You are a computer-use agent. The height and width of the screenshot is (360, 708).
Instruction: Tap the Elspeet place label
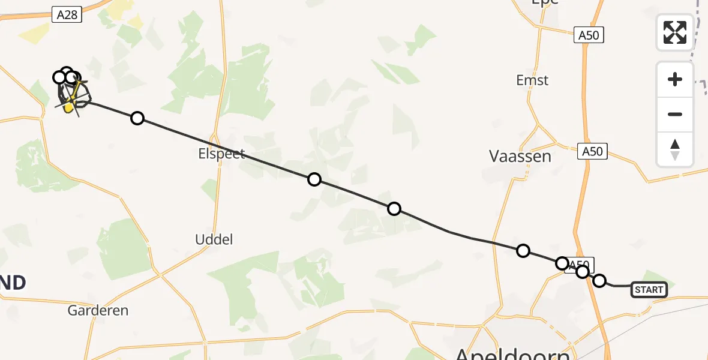pos(222,154)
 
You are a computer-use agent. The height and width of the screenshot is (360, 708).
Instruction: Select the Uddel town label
pos(214,239)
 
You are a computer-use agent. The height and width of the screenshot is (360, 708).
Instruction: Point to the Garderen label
pos(98,310)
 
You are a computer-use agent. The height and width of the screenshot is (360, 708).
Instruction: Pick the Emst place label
pos(532,80)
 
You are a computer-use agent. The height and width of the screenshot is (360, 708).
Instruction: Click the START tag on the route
pos(649,290)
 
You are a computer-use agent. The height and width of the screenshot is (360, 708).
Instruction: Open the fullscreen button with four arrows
pos(675,32)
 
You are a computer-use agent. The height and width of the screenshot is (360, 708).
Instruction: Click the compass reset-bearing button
pos(675,149)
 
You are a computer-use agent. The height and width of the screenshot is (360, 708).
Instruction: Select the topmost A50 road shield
pos(588,35)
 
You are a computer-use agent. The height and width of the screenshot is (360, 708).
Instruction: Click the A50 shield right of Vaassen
pos(593,152)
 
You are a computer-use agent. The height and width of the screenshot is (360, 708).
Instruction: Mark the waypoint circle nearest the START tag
pos(599,280)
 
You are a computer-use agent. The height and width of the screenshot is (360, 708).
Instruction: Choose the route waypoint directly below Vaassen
pos(523,250)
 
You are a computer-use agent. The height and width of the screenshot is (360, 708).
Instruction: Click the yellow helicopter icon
pos(70,107)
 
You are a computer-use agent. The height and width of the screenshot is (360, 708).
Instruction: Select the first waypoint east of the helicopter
pos(137,118)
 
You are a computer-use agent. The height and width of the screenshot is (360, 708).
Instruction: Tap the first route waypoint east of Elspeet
pos(314,179)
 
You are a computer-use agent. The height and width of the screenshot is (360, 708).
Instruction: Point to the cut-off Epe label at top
pos(544,3)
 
